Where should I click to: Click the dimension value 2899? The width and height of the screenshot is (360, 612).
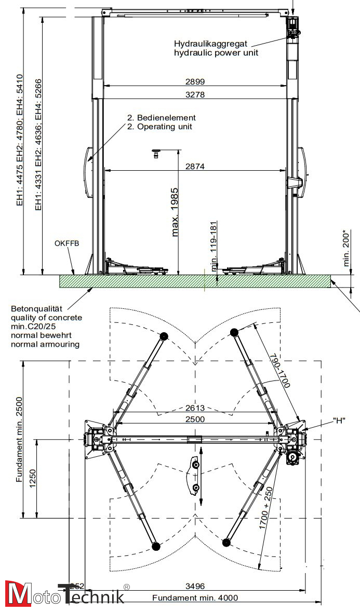(x=194, y=81)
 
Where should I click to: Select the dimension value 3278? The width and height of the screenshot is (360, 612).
(x=194, y=94)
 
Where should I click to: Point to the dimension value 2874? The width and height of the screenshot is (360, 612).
(x=195, y=166)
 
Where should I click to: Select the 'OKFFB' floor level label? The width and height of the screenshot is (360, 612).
(x=66, y=243)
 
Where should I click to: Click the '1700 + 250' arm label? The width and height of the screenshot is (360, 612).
(x=266, y=508)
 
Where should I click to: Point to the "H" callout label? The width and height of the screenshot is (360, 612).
(x=339, y=420)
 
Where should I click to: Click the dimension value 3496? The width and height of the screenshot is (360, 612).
(x=195, y=586)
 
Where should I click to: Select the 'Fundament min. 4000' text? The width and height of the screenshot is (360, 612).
(x=195, y=598)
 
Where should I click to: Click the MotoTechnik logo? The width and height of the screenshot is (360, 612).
(x=65, y=593)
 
